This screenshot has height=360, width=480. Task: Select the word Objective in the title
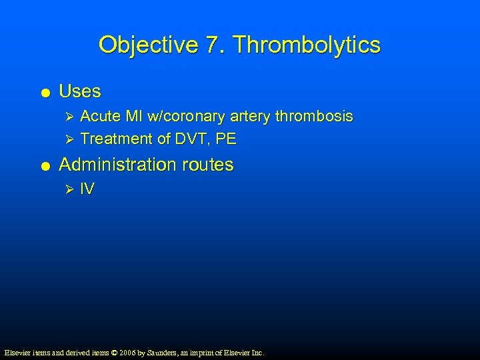point(148,45)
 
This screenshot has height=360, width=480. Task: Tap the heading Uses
point(80,91)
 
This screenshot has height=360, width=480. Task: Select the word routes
point(208,165)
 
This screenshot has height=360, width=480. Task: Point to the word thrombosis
point(315,117)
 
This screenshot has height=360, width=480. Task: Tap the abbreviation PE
point(227,139)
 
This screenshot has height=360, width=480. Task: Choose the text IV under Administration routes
point(87,189)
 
